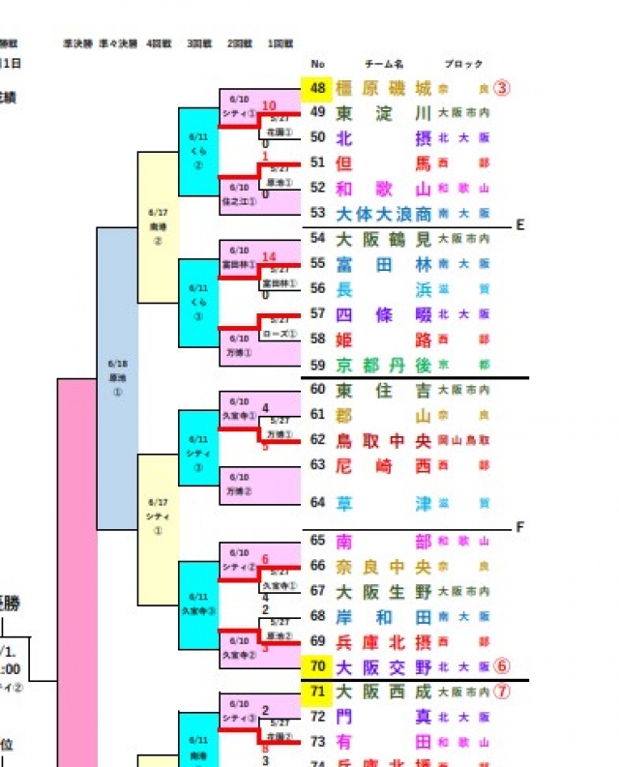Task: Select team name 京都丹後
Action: pyautogui.click(x=383, y=365)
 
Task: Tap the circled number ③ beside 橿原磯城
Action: pyautogui.click(x=501, y=88)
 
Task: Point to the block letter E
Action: pyautogui.click(x=519, y=225)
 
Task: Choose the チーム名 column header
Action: pyautogui.click(x=383, y=65)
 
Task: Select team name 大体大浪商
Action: pyautogui.click(x=383, y=213)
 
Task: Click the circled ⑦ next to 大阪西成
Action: pyautogui.click(x=501, y=692)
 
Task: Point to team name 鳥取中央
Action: pyautogui.click(x=383, y=440)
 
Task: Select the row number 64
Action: pyautogui.click(x=318, y=502)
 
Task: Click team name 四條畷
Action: pyautogui.click(x=383, y=314)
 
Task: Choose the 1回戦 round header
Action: pyautogui.click(x=280, y=44)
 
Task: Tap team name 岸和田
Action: pyautogui.click(x=383, y=616)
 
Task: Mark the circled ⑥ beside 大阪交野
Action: pyautogui.click(x=501, y=665)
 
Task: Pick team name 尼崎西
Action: pyautogui.click(x=383, y=465)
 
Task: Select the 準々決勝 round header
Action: pyautogui.click(x=116, y=44)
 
